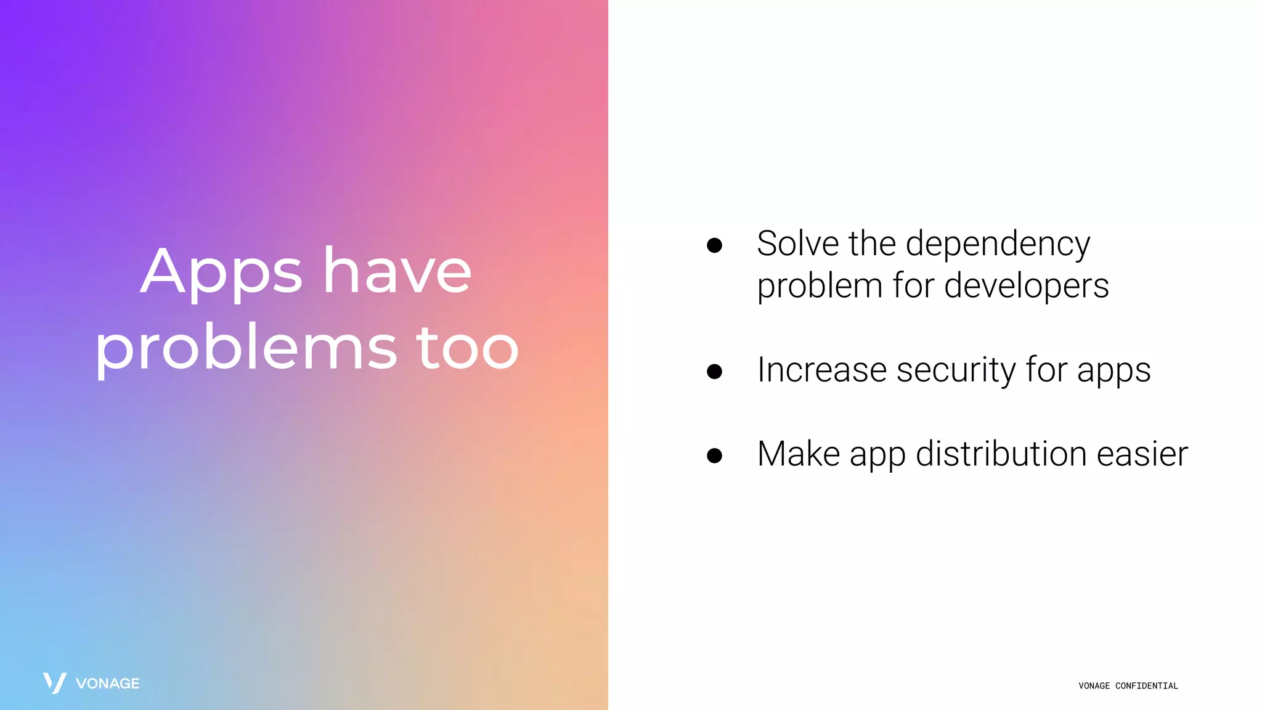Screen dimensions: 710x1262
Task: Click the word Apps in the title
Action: (x=221, y=272)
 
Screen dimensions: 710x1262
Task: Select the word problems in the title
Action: (x=246, y=348)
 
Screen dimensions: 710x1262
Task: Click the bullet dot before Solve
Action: (x=714, y=246)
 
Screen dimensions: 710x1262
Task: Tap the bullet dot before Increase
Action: (x=714, y=372)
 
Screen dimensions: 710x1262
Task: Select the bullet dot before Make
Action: (x=714, y=455)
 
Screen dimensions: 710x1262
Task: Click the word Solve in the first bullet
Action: (x=797, y=243)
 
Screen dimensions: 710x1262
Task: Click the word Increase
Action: (x=822, y=370)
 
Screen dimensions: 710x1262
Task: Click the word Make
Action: (x=799, y=454)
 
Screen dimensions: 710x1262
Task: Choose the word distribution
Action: (x=1001, y=454)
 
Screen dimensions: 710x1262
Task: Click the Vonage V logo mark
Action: (x=54, y=683)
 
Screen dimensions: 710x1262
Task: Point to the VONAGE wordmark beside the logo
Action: (x=107, y=683)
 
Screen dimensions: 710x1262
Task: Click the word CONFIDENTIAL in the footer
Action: (x=1146, y=686)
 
